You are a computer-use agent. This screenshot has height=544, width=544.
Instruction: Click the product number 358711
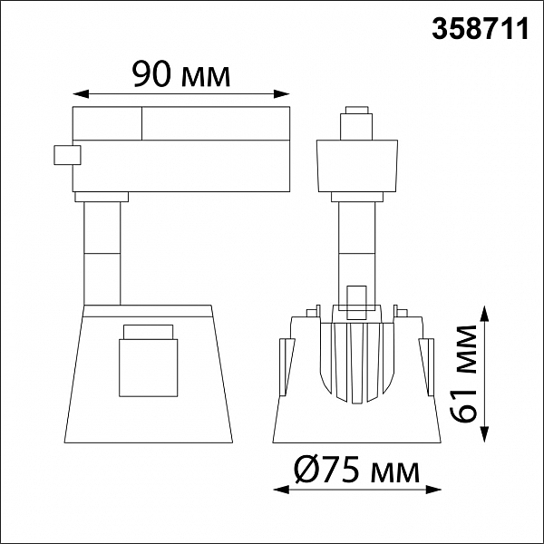481,29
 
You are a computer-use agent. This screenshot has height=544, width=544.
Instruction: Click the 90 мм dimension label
181,74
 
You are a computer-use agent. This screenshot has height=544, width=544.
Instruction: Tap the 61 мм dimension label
464,374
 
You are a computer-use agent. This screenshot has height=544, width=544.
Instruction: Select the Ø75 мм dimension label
357,471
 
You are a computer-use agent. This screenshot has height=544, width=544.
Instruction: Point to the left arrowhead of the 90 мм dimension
81,94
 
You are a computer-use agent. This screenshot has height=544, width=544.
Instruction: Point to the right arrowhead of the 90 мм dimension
282,94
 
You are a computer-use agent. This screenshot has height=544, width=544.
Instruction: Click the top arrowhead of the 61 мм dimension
485,314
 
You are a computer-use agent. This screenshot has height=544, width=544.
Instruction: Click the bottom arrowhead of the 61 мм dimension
485,434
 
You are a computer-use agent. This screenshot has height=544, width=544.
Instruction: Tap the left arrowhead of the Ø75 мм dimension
281,490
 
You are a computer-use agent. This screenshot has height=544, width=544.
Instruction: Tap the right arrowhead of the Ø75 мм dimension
433,490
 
